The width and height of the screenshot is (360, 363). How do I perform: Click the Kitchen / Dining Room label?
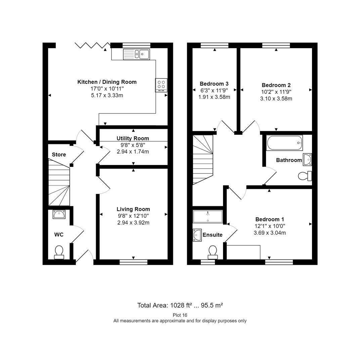tap(107, 82)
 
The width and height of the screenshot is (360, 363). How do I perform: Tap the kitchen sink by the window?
tap(136, 54)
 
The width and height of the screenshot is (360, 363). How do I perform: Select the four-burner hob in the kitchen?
tap(161, 85)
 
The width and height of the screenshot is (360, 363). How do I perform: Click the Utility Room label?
tap(133, 138)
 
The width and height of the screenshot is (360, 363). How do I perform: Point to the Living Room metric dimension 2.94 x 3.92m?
tap(133, 223)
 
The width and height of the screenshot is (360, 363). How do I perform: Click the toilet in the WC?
tap(59, 252)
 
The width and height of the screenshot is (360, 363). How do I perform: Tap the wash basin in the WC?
tap(59, 214)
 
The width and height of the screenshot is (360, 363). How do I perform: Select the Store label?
tap(59, 155)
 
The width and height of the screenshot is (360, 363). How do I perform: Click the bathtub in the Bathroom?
tap(284, 143)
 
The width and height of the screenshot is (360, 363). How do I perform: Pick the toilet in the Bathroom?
tap(305, 176)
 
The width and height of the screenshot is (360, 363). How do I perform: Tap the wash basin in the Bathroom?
tap(307, 160)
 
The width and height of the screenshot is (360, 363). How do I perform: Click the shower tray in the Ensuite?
tap(208, 216)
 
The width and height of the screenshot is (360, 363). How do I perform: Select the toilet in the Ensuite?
tap(213, 252)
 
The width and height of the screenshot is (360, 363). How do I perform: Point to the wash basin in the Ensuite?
tap(197, 235)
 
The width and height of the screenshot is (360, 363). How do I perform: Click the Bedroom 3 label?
tap(214, 84)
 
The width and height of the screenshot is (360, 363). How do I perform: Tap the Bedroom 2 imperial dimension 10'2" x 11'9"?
tap(276, 92)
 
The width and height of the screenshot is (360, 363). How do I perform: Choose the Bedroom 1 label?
tap(270, 219)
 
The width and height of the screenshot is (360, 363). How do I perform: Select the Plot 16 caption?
tap(180, 315)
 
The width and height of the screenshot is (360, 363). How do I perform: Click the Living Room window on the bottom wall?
tap(134, 262)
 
